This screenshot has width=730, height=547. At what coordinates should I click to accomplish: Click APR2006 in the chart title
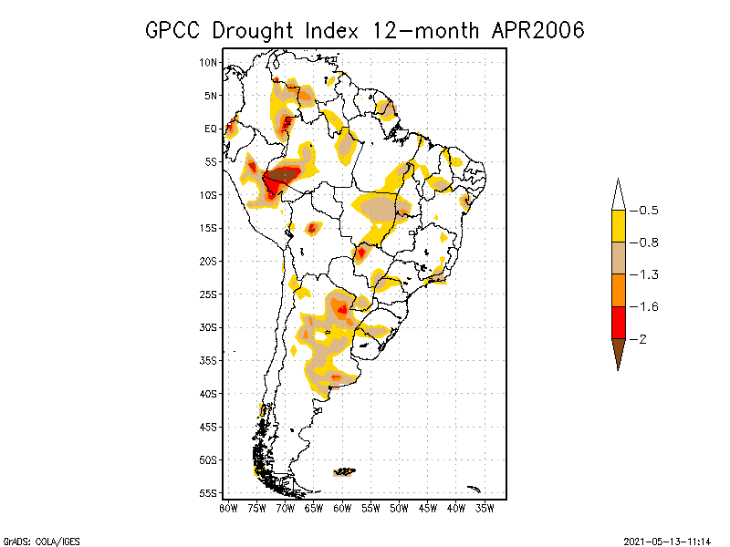coord(537,30)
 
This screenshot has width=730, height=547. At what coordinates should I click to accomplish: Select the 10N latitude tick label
coord(209,62)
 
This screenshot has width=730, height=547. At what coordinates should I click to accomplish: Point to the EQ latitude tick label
coord(211,129)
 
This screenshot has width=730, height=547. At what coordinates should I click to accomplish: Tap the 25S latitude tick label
coord(209,294)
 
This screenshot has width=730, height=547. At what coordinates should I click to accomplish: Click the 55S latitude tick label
coord(209,492)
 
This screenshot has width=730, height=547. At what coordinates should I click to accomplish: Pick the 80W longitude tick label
coord(228,507)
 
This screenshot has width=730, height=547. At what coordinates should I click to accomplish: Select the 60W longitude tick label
coord(342,507)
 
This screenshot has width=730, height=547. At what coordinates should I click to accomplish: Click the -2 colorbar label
coord(641,338)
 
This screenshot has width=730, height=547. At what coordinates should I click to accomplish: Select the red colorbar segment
coord(618,322)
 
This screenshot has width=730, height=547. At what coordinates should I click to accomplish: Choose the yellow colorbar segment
coord(618,226)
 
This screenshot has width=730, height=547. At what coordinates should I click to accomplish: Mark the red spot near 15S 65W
coord(312,227)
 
